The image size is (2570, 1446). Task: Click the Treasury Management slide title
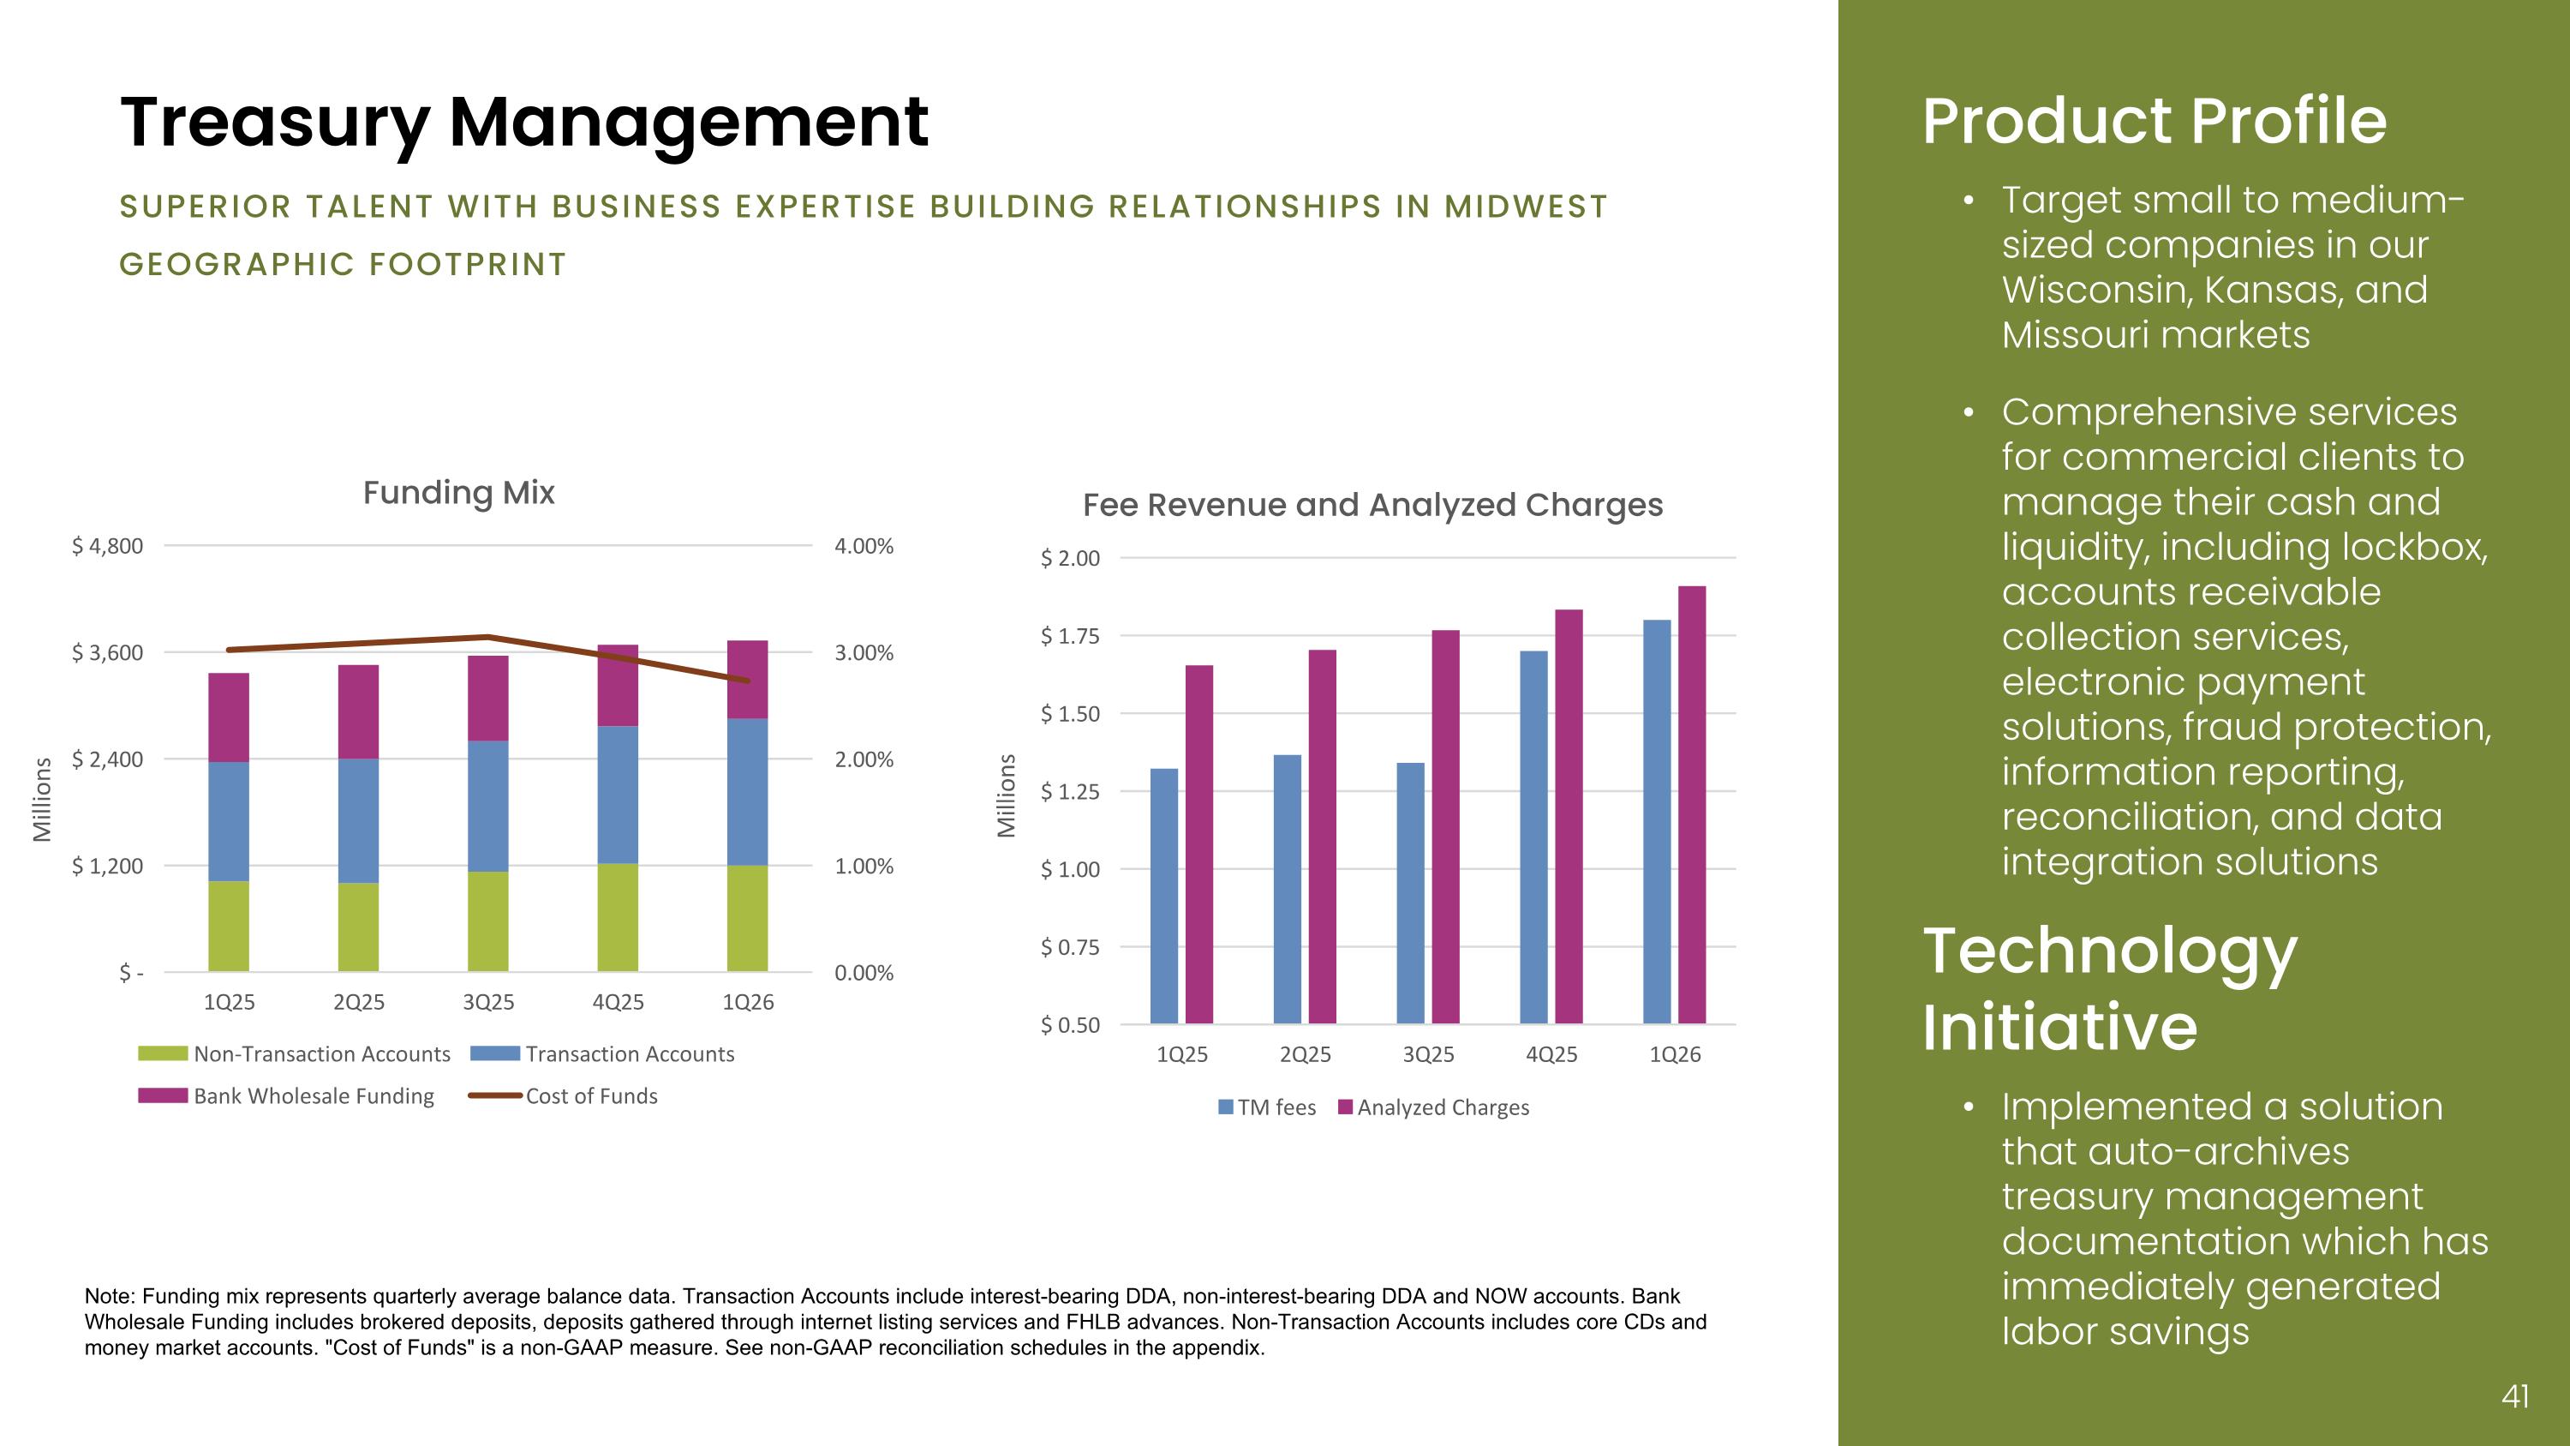[x=523, y=123]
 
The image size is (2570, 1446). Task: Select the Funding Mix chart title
[x=459, y=492]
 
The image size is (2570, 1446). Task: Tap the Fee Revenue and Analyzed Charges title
[x=1372, y=505]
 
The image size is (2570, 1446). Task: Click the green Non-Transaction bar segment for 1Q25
[x=229, y=926]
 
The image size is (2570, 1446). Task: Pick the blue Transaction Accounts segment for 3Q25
[x=487, y=807]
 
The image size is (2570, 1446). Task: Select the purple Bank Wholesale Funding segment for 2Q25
[x=358, y=711]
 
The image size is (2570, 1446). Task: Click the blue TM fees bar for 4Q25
[x=1533, y=837]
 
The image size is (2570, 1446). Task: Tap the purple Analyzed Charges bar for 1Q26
[x=1692, y=804]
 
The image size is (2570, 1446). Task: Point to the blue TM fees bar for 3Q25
[x=1411, y=893]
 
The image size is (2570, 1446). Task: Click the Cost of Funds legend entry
[x=564, y=1095]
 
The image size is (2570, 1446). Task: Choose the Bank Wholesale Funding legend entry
[x=286, y=1095]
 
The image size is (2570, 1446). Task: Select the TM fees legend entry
[x=1267, y=1107]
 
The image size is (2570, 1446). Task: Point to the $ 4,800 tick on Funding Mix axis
[x=107, y=546]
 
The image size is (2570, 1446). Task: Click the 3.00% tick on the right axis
[x=864, y=652]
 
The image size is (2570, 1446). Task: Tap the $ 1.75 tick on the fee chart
[x=1069, y=636]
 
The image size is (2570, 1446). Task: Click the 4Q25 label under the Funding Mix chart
[x=618, y=1002]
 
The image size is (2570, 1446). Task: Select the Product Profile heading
[x=2155, y=122]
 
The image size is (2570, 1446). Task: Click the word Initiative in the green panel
[x=2060, y=1027]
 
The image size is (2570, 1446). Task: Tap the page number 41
[x=2515, y=1396]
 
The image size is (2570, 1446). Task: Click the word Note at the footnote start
[x=109, y=1296]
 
